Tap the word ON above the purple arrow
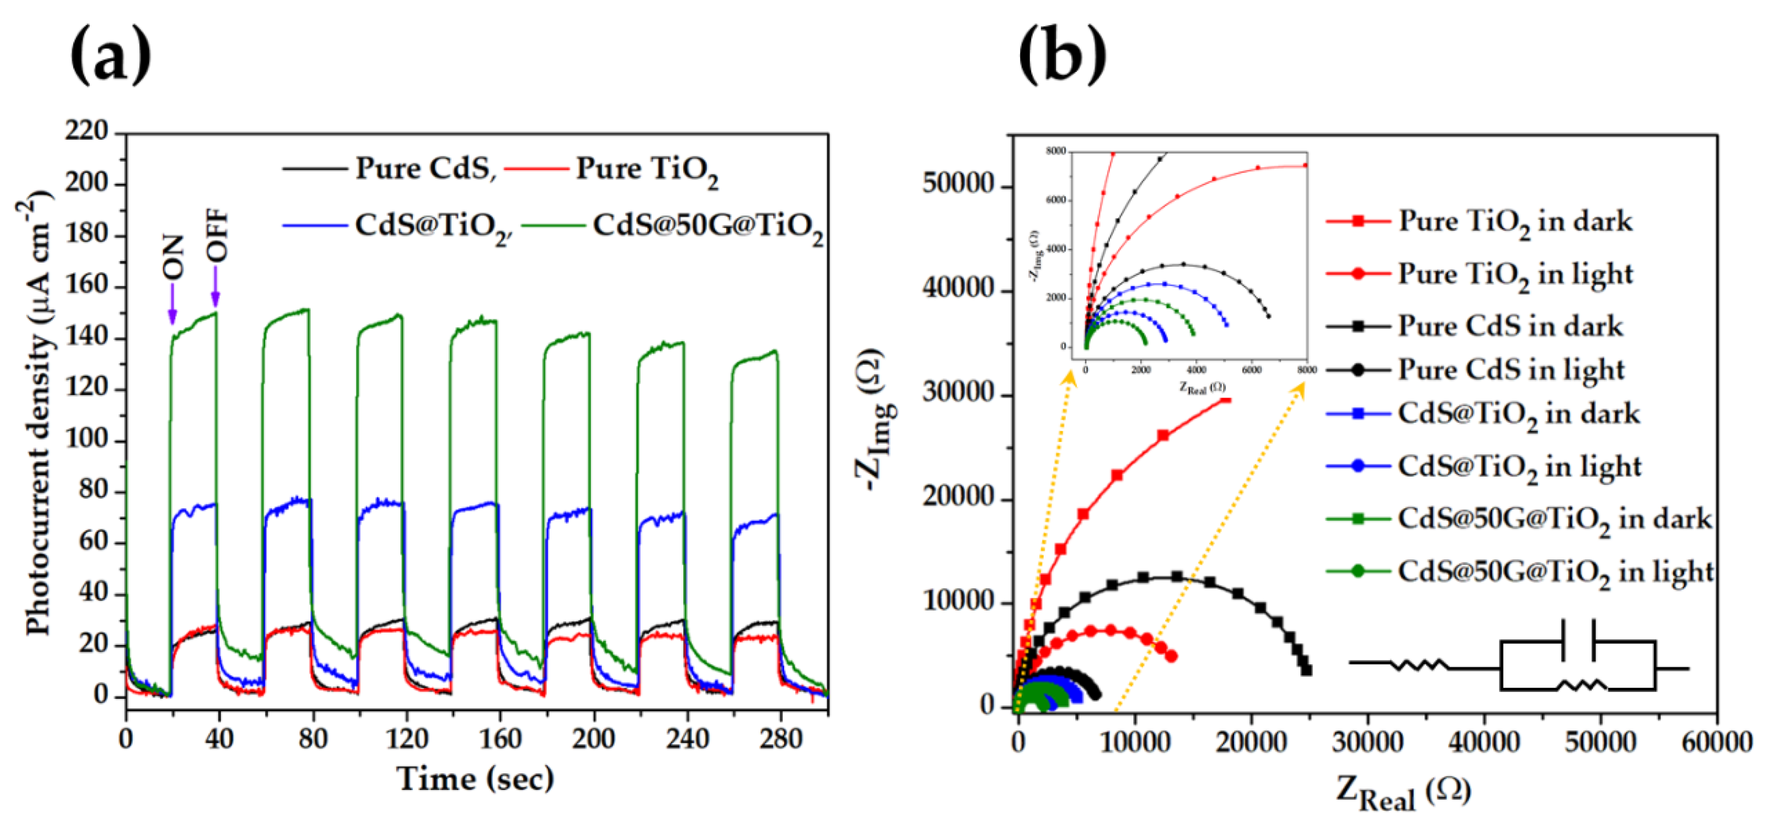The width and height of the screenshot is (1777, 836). click(173, 257)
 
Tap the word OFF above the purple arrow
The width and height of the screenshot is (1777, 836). click(217, 235)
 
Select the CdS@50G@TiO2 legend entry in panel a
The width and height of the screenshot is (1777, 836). click(707, 225)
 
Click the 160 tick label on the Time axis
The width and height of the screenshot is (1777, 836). click(500, 739)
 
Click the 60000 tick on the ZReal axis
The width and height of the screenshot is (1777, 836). click(1717, 742)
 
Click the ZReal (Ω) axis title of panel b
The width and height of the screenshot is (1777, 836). click(1404, 793)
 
